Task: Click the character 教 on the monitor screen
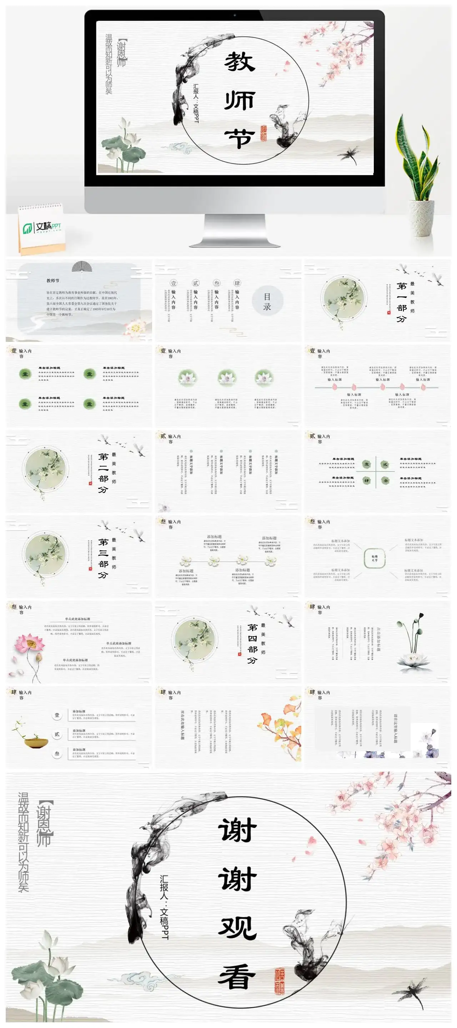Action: tap(239, 62)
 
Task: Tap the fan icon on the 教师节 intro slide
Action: tap(82, 266)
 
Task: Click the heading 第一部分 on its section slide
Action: tap(401, 302)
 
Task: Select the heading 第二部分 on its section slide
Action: tap(103, 473)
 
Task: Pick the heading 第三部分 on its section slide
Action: tap(103, 558)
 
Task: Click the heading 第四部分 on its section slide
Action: tap(252, 643)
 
